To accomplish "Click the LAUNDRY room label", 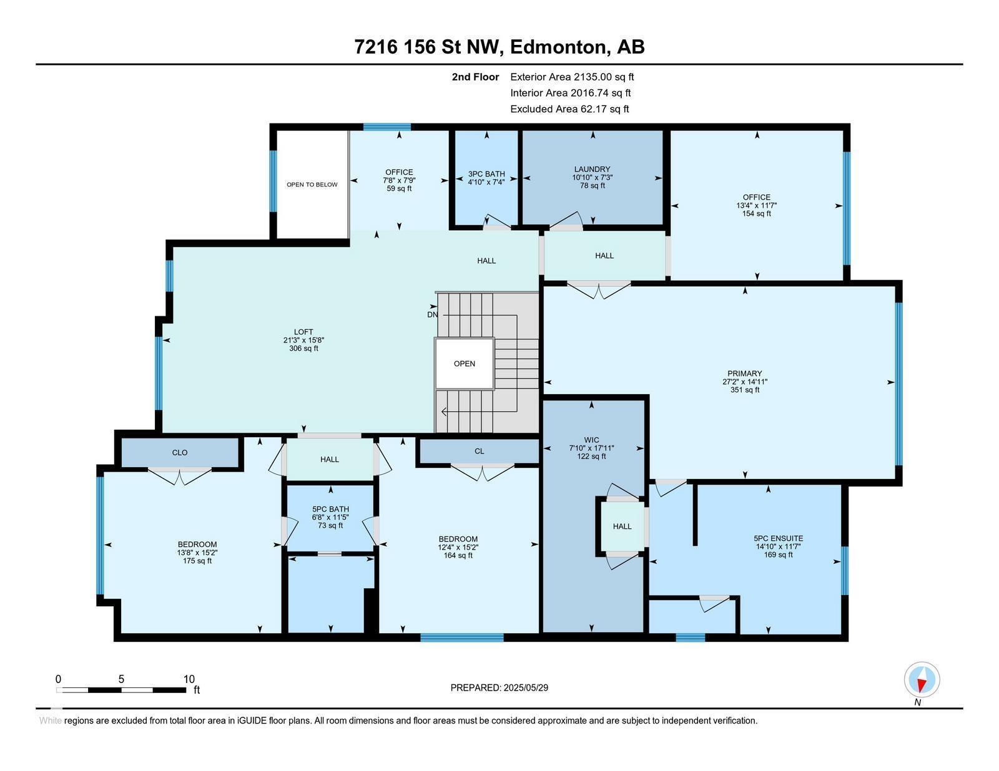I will [x=592, y=170].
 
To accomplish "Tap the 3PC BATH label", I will [x=486, y=174].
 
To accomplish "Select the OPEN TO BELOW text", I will [x=312, y=185].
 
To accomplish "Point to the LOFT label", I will [x=303, y=332].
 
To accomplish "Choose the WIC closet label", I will [x=592, y=440].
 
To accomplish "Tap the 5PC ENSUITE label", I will [x=778, y=538].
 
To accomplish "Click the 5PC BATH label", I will [x=330, y=510].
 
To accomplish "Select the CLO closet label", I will [x=180, y=453].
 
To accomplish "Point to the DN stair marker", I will [x=432, y=314].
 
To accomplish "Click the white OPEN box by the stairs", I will [x=465, y=364].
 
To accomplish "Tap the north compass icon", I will [x=922, y=680].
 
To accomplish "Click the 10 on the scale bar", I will [x=189, y=679].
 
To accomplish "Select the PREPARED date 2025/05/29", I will [x=499, y=687].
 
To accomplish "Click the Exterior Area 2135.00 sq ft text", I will [x=571, y=77].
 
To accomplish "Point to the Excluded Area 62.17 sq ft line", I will [x=569, y=109].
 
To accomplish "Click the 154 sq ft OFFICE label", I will [x=756, y=205].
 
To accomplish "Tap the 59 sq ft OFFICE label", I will [x=399, y=180].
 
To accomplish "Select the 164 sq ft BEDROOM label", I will [x=458, y=547].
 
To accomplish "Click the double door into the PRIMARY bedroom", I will [x=599, y=289].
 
